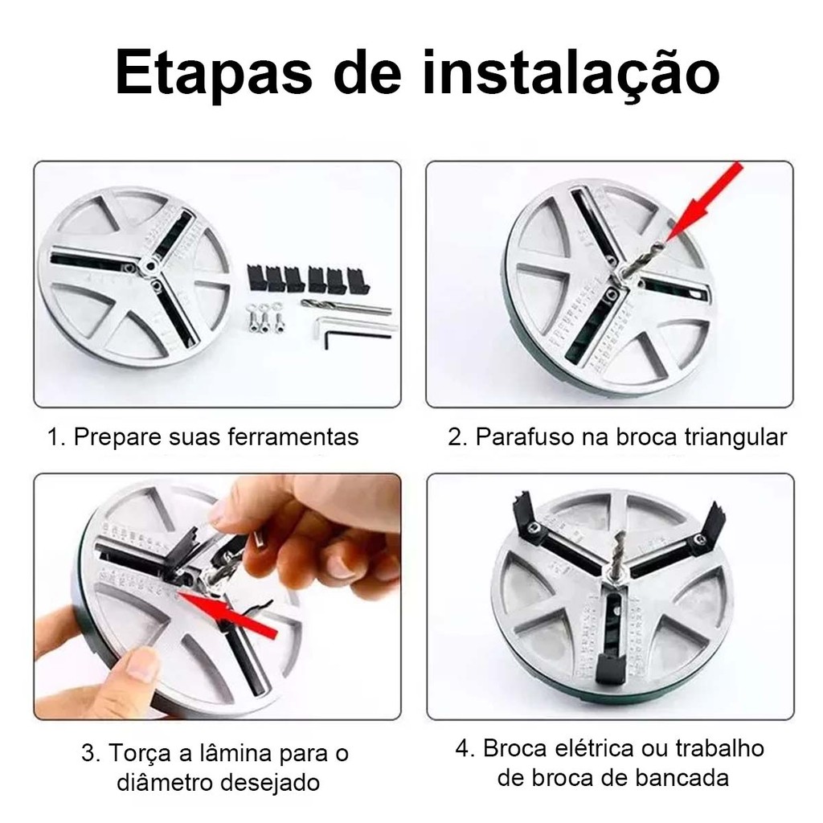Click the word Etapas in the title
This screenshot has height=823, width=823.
tap(214, 73)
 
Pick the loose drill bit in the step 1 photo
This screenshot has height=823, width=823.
tap(346, 306)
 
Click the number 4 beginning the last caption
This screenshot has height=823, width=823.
tap(461, 749)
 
